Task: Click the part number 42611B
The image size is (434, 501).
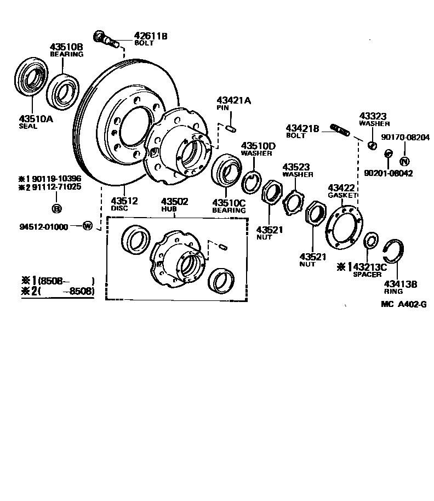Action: [x=150, y=36]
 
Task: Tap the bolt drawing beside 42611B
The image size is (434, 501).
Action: [x=105, y=39]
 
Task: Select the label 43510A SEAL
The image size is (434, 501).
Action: [x=36, y=121]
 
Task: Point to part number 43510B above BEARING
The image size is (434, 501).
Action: [x=67, y=47]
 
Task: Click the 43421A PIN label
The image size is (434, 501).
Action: [x=233, y=104]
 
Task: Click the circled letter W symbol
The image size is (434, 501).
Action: [x=87, y=226]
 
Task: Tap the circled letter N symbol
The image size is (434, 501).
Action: [x=404, y=161]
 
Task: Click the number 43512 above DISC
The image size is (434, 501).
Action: [x=124, y=200]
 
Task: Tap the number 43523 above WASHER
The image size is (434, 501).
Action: [x=296, y=167]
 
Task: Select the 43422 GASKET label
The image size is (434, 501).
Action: [x=342, y=191]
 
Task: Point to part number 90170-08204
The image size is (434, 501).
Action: [x=406, y=137]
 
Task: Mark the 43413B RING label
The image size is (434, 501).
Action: [x=401, y=287]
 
